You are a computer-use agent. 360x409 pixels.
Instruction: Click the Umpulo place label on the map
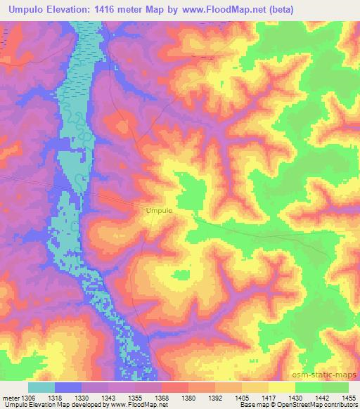160,209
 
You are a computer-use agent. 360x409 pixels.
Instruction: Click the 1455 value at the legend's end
349,397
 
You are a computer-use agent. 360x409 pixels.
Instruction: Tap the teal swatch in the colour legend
41,387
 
